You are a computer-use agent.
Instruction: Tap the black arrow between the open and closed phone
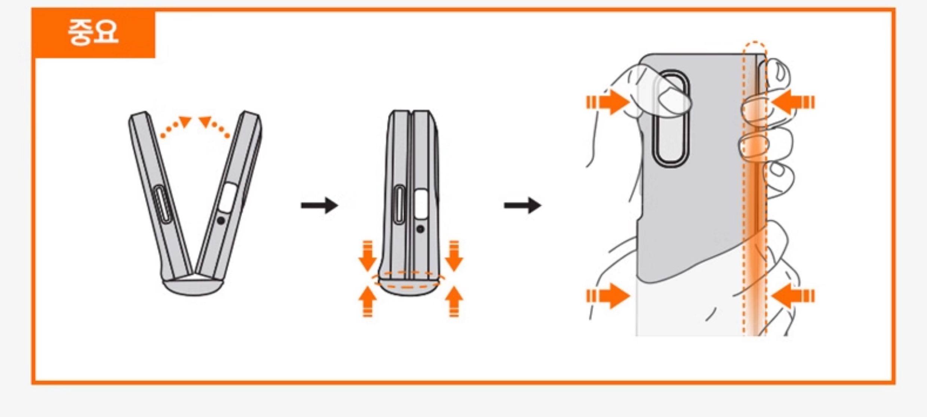320,205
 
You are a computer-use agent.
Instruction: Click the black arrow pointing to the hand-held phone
523,205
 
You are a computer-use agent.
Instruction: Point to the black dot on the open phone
221,221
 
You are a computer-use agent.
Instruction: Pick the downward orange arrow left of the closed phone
368,256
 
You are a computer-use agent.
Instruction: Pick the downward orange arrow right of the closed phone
454,256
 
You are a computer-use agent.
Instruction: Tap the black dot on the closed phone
421,229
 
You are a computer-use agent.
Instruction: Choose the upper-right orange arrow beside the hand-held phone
792,102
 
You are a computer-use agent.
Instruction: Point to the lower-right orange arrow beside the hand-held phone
792,296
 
